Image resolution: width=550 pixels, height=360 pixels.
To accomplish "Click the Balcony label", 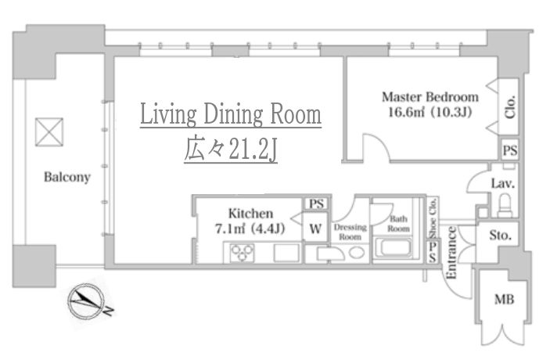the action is pos(67,177).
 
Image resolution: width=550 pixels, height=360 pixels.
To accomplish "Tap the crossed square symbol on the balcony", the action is pos(49,132).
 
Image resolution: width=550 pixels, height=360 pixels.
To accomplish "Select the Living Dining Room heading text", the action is pos(231,114).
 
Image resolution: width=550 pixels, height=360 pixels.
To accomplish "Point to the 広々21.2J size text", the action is pos(231,149).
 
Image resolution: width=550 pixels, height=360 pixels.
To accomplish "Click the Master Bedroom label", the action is pos(430,97).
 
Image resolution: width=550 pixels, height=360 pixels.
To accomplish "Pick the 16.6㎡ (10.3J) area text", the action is pos(430,112).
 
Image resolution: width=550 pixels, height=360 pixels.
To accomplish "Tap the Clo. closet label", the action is pos(509,106).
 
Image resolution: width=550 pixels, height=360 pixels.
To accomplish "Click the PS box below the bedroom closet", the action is pos(509,150).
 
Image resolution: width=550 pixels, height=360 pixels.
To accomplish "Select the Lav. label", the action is pos(502,183).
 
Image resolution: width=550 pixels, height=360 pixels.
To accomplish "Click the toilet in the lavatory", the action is pos(505,206).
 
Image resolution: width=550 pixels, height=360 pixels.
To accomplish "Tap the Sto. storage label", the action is pos(500,235).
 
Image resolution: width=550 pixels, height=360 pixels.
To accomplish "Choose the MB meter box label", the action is pos(504,300).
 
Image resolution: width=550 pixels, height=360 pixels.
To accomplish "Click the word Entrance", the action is pos(451,253).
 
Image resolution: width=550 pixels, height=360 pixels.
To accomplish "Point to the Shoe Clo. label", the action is pos(433,218).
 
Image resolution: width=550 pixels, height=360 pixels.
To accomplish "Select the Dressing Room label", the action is pos(350,232).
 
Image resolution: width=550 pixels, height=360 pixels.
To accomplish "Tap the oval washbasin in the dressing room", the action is pos(357,253).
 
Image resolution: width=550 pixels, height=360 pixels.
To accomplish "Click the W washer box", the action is pos(315,229).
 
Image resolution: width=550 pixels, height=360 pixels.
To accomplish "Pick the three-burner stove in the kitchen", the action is pos(242,253).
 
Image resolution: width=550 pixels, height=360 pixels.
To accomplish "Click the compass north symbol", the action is pos(86,301).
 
